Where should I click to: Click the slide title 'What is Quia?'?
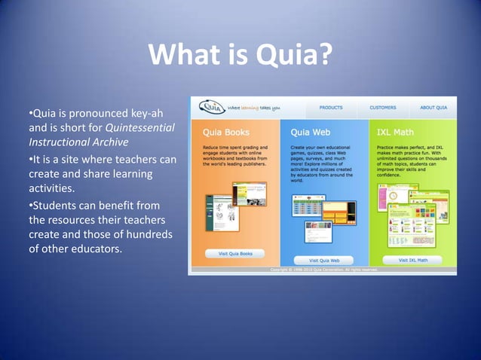point(240,55)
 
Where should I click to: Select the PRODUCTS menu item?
point(330,108)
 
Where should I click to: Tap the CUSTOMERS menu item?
point(383,108)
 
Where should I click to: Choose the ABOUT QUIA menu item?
point(434,108)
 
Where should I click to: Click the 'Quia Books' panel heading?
point(221,132)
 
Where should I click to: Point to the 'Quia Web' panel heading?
point(310,132)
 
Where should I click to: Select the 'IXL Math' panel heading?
point(394,132)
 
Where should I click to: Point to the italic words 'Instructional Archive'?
point(78,142)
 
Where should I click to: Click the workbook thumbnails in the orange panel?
point(224,212)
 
